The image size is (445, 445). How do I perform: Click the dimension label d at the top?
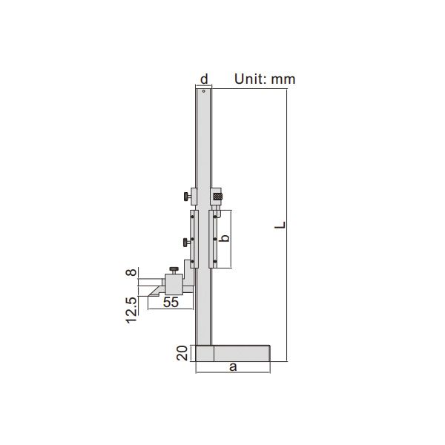(204, 79)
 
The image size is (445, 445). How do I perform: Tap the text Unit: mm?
(265, 79)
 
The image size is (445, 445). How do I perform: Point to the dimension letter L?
(280, 225)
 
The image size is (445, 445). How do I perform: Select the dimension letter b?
(225, 238)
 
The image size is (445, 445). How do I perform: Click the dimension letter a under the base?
(233, 366)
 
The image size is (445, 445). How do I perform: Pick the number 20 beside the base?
(182, 353)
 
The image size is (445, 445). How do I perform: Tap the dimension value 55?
(171, 303)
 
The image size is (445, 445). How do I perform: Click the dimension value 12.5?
(131, 311)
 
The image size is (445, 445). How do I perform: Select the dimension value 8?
(131, 273)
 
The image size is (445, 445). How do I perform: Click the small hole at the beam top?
(203, 91)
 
